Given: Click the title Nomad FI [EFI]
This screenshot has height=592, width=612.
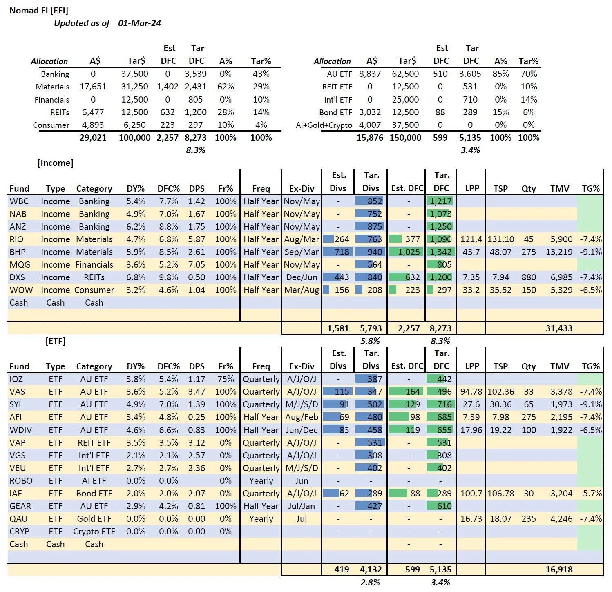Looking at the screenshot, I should pyautogui.click(x=39, y=11).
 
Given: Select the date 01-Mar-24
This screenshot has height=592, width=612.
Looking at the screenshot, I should pyautogui.click(x=139, y=23).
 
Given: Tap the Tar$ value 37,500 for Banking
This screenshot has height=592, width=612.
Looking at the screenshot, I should pyautogui.click(x=134, y=74).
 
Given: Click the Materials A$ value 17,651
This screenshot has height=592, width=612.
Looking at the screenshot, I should pyautogui.click(x=93, y=87).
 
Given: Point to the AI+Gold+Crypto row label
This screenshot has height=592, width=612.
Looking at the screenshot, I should pyautogui.click(x=324, y=125).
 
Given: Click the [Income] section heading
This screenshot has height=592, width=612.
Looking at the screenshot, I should pyautogui.click(x=56, y=163).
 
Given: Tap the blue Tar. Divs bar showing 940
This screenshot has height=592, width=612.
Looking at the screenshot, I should pyautogui.click(x=370, y=252).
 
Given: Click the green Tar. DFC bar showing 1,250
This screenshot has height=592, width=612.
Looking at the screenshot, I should pyautogui.click(x=440, y=227).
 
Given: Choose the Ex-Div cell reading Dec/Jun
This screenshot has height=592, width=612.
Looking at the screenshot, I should pyautogui.click(x=302, y=277).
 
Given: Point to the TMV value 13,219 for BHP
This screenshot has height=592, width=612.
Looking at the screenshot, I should pyautogui.click(x=559, y=252).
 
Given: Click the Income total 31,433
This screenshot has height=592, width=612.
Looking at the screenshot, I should pyautogui.click(x=559, y=328).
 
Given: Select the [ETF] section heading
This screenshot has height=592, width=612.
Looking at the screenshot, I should pyautogui.click(x=56, y=341).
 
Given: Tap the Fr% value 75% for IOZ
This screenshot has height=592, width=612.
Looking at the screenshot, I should pyautogui.click(x=226, y=379).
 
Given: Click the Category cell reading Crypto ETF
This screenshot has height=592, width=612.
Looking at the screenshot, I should pyautogui.click(x=94, y=532).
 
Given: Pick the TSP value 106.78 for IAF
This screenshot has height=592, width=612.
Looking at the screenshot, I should pyautogui.click(x=500, y=494).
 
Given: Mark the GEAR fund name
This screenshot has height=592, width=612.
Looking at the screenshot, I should pyautogui.click(x=20, y=506).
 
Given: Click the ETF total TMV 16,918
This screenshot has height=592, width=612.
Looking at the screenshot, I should pyautogui.click(x=559, y=570).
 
